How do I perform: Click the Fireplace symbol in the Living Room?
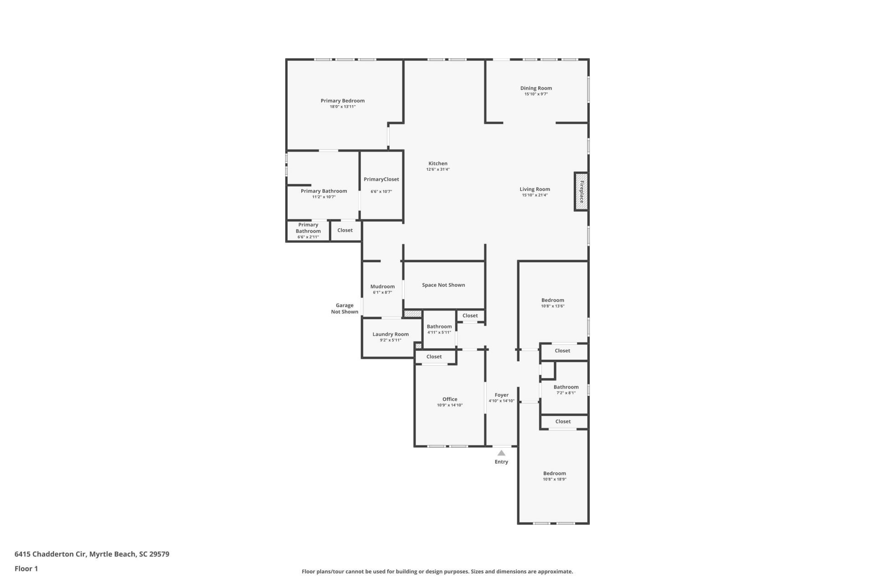tap(581, 192)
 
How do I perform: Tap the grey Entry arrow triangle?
tap(501, 453)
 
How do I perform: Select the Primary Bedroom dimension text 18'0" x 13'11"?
tap(343, 107)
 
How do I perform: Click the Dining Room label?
tap(536, 88)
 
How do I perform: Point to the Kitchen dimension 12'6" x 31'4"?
tap(437, 169)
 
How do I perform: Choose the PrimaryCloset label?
tap(381, 179)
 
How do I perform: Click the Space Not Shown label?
tap(443, 285)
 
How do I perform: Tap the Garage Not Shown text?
tap(345, 309)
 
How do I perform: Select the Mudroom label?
tap(382, 286)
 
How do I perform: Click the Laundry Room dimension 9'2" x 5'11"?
tap(391, 340)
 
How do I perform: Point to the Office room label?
tap(450, 399)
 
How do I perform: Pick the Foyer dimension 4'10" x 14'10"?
tap(501, 401)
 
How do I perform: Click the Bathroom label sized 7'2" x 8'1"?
tap(566, 387)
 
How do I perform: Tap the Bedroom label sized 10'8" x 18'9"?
tap(554, 473)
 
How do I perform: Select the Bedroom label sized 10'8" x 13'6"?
tap(552, 300)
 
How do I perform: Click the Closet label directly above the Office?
tap(434, 357)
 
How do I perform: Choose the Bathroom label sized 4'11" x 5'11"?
tap(439, 327)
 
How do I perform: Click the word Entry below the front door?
tap(501, 462)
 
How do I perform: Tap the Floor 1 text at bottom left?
tap(26, 568)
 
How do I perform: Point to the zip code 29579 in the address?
tap(159, 554)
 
